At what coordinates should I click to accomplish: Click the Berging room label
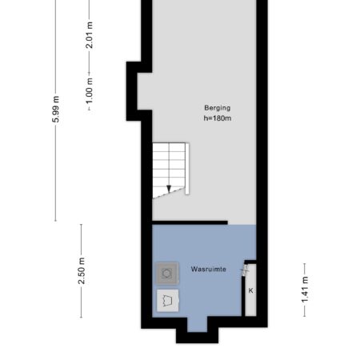coord(217,108)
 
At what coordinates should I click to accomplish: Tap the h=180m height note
coord(218,118)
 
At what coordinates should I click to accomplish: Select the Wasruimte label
coord(209,269)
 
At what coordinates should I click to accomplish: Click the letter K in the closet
coord(250,290)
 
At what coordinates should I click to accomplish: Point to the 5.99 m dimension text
coord(55,110)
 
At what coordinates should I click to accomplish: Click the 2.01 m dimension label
coord(90,35)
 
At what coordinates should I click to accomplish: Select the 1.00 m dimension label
coord(90,90)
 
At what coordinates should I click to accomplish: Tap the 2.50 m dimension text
coord(82,270)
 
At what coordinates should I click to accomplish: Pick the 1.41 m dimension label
coord(305,290)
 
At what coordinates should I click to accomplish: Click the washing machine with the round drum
coord(167,274)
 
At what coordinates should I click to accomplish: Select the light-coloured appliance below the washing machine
coord(167,301)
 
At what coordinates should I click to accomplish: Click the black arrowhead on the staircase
coord(169,189)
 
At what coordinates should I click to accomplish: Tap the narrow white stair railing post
coord(187,169)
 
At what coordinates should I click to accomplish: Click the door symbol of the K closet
coord(245,270)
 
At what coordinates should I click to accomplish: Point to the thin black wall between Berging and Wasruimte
coord(190,222)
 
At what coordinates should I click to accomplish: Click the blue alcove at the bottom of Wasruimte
coord(198,324)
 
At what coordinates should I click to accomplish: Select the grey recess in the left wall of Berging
coord(145,91)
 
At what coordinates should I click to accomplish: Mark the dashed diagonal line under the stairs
coord(169,193)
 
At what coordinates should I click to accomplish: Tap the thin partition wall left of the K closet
coord(243,296)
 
